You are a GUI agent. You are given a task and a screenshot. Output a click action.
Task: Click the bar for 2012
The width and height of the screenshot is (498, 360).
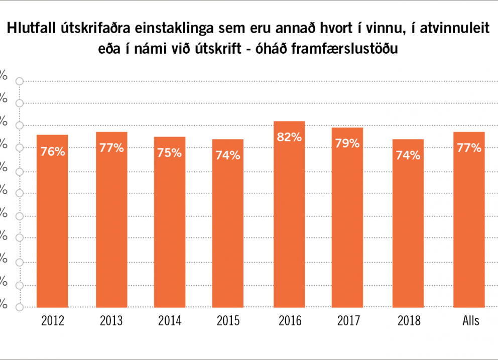tap(53, 221)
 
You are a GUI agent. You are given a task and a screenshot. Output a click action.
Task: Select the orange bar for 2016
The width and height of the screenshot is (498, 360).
tap(289, 214)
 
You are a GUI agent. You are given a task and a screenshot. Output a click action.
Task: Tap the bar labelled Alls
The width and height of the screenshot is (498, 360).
tap(469, 219)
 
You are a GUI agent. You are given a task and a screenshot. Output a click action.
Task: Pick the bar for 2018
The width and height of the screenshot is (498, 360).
tap(408, 223)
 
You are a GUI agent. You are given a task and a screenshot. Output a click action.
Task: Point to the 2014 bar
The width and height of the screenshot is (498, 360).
tap(170, 222)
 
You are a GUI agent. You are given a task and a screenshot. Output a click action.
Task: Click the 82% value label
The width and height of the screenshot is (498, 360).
tap(289, 137)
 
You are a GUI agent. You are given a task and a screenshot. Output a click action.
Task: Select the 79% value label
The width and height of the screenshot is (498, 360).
tap(348, 143)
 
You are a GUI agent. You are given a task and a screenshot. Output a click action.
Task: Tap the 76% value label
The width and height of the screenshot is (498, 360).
tap(53, 151)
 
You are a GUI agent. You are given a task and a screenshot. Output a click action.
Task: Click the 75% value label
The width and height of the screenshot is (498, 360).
tap(170, 153)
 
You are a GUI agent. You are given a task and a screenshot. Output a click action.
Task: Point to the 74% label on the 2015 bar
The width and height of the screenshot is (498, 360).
tap(228, 155)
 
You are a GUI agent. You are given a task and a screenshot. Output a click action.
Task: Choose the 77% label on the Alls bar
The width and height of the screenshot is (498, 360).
tap(469, 148)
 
